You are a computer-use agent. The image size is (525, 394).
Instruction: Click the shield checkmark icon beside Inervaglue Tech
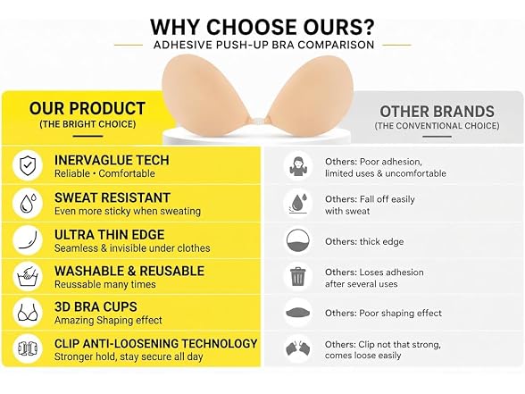28,165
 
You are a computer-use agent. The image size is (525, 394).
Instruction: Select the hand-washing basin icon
28,276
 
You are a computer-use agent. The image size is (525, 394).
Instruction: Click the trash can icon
297,276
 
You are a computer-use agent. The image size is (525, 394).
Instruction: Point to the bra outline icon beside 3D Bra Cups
28,313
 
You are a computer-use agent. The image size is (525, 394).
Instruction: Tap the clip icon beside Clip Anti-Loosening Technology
28,348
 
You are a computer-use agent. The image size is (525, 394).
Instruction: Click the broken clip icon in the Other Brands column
297,348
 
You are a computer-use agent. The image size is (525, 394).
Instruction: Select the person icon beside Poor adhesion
297,166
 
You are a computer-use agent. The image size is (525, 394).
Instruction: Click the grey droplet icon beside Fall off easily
297,204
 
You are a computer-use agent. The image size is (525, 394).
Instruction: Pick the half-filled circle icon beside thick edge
297,241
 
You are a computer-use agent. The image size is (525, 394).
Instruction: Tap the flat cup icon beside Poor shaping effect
297,313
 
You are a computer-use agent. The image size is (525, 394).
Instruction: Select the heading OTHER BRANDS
437,112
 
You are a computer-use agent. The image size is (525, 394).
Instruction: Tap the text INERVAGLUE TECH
112,160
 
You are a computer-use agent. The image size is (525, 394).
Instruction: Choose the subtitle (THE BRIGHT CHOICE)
87,124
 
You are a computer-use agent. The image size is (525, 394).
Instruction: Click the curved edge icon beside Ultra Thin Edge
28,240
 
